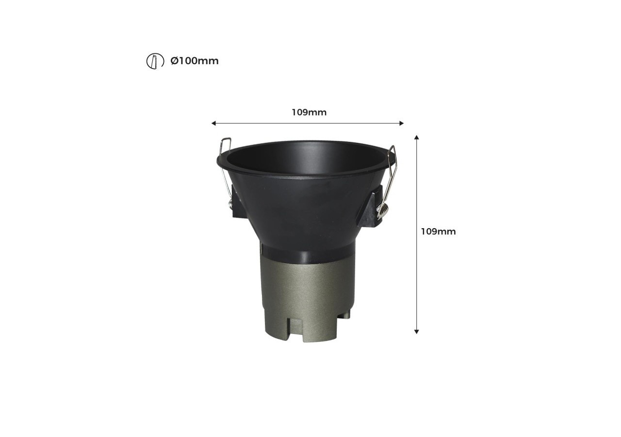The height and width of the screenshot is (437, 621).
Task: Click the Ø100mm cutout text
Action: click(x=195, y=61)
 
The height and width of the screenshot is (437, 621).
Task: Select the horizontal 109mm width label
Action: click(x=309, y=113)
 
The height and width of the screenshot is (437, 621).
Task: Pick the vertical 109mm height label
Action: click(x=438, y=232)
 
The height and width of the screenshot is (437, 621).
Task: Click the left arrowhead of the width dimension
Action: click(x=213, y=123)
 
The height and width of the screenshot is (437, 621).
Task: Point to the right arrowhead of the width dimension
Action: click(x=401, y=123)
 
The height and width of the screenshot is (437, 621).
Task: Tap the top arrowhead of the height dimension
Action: click(x=416, y=138)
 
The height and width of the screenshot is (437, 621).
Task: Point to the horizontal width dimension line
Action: click(x=262, y=123)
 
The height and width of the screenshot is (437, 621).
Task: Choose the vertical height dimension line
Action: click(x=416, y=282)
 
